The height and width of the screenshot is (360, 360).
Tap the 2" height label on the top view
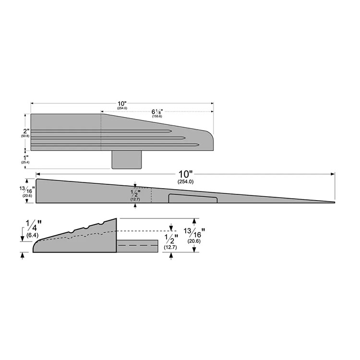26,131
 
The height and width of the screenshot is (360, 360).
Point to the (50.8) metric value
25,136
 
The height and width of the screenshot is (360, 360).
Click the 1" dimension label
26,157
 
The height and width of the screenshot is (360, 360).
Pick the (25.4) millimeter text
25,163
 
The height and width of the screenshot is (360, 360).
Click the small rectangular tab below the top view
127,159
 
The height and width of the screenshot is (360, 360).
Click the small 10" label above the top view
121,104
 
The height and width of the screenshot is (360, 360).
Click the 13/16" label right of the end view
194,235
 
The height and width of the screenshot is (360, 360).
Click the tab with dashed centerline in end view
138,245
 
